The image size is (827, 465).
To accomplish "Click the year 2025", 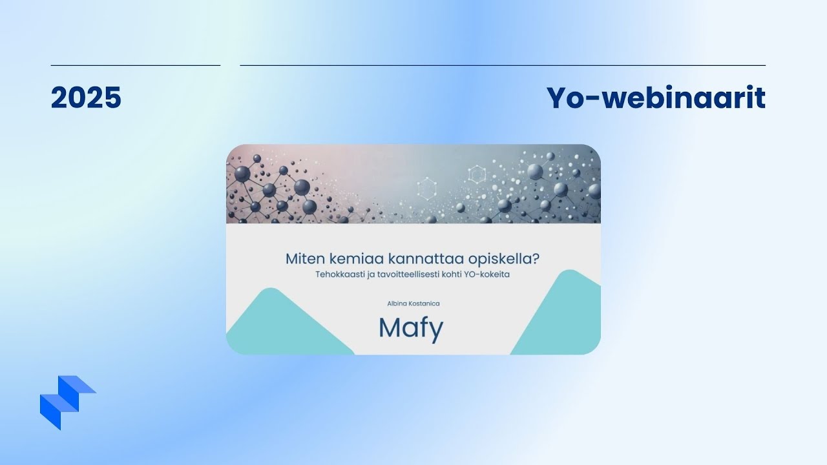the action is (86, 98).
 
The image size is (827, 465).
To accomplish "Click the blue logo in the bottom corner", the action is (68, 402).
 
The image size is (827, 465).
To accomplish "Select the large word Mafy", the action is (411, 329).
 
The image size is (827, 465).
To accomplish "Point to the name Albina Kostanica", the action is (413, 304).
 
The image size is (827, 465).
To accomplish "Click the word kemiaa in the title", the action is (355, 259).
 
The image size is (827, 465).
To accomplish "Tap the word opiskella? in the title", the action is (503, 259).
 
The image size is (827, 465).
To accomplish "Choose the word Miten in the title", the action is (306, 259).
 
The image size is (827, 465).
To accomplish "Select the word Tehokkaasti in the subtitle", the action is (339, 274).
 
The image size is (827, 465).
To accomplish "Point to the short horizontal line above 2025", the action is (136, 65).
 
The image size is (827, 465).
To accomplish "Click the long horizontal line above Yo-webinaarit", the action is (503, 65).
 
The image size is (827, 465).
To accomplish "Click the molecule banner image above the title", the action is (413, 184).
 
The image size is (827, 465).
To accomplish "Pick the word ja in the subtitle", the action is (370, 275).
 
